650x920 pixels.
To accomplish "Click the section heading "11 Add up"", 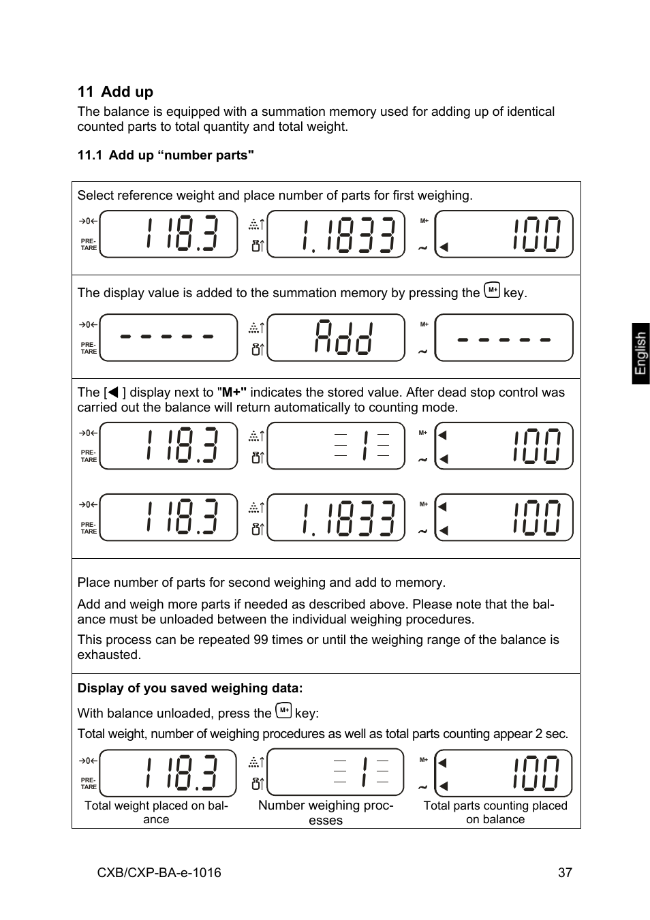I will [115, 92].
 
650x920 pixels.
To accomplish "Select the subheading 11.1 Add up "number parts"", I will [166, 155].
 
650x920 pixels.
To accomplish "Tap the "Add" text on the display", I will [343, 337].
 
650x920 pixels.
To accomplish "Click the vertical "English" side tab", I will [640, 353].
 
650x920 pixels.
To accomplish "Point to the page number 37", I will [565, 872].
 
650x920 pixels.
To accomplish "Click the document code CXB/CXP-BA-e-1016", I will [159, 872].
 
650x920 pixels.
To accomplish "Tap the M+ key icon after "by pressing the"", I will [492, 291].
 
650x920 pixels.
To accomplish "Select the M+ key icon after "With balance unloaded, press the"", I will [283, 711].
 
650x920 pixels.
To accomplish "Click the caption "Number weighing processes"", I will [326, 812].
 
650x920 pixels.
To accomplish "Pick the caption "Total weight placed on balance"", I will [156, 812].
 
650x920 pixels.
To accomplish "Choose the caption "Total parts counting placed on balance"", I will [495, 812].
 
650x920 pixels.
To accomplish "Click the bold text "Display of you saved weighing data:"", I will [190, 688].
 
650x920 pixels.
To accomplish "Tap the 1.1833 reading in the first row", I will [347, 234].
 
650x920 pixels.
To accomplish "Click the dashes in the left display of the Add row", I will [167, 337].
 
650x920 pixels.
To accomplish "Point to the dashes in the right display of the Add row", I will [504, 339].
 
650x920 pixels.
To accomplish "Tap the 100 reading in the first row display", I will [537, 234].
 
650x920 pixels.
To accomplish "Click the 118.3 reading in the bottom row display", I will [181, 773].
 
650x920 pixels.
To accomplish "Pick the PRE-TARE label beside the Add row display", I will [89, 348].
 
